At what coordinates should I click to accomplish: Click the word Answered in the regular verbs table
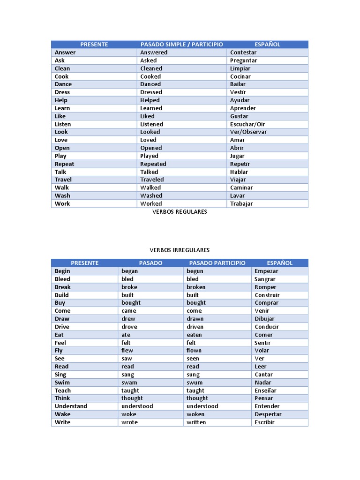pos(154,52)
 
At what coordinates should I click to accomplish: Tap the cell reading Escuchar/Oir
pos(247,124)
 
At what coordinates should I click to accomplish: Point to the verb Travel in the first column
pos(63,180)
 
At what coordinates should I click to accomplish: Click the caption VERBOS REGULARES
pos(180,212)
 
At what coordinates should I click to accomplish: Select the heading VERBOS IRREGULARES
pos(180,250)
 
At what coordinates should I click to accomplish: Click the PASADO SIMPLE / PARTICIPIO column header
pos(181,45)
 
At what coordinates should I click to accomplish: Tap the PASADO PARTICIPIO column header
pos(217,263)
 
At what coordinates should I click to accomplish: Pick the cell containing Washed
pos(151,195)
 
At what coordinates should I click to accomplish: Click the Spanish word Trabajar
pos(241,203)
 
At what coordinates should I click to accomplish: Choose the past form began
pos(129,271)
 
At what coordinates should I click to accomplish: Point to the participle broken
pos(196,287)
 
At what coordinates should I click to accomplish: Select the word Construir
pos(267,295)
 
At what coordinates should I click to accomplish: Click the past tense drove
pos(129,327)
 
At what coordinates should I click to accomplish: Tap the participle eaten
pos(194,335)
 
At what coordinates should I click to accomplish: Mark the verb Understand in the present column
pos(71,406)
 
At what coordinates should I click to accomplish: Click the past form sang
pos(127,375)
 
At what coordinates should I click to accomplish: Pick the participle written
pos(196,422)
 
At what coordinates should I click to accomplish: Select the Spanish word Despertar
pos(268,414)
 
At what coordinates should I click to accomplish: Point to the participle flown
pos(194,351)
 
